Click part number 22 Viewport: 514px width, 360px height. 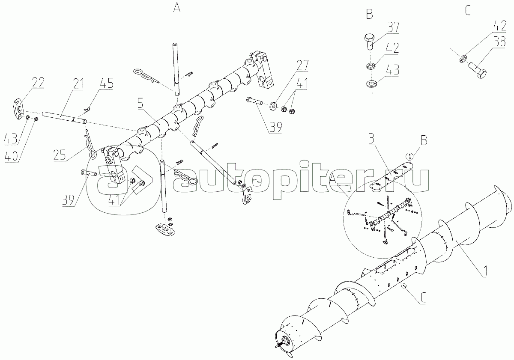pyautogui.click(x=38, y=83)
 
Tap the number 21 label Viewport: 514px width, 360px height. pyautogui.click(x=78, y=84)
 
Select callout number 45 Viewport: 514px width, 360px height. pyautogui.click(x=107, y=83)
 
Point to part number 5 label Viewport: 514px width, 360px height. pyautogui.click(x=140, y=104)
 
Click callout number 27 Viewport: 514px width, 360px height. pyautogui.click(x=303, y=66)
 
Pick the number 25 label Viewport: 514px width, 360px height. pyautogui.click(x=60, y=155)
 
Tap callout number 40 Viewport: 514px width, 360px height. pyautogui.click(x=11, y=157)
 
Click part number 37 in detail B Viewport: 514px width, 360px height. pyautogui.click(x=393, y=27)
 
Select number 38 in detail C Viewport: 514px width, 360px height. pyautogui.click(x=499, y=42)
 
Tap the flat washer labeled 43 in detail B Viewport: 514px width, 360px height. pyautogui.click(x=371, y=83)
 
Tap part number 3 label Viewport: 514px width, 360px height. pyautogui.click(x=371, y=139)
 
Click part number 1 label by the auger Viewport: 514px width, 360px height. pyautogui.click(x=484, y=271)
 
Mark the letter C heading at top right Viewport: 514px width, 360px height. pyautogui.click(x=468, y=10)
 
